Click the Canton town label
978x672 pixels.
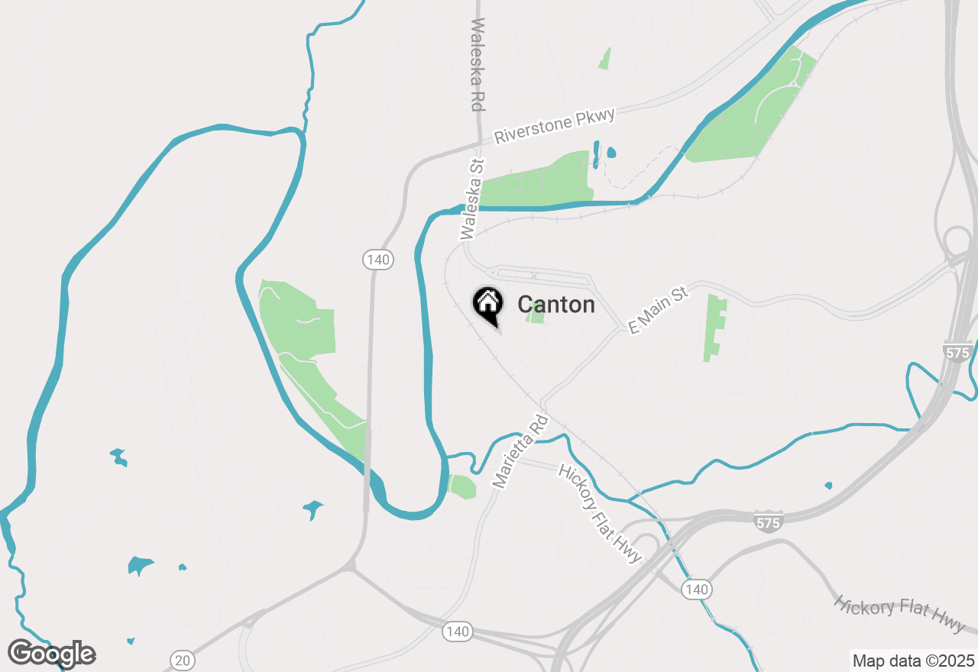point(555,305)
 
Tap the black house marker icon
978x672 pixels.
point(487,304)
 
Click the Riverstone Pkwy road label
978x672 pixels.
point(554,126)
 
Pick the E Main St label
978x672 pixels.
point(658,310)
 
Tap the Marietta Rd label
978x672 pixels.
point(520,451)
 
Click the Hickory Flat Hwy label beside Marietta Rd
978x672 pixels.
point(601,513)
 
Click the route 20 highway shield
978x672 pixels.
point(183,660)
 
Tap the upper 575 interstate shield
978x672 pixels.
point(957,352)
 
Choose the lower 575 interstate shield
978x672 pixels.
point(767,522)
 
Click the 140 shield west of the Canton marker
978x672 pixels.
point(377,260)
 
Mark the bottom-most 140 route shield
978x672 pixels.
point(457,632)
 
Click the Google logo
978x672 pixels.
point(52,654)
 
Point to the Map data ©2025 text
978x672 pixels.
point(913,661)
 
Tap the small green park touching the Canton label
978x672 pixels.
point(537,314)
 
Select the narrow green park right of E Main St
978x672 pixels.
point(716,327)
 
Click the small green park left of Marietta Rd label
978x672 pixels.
point(462,486)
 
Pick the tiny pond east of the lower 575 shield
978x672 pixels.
point(828,485)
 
